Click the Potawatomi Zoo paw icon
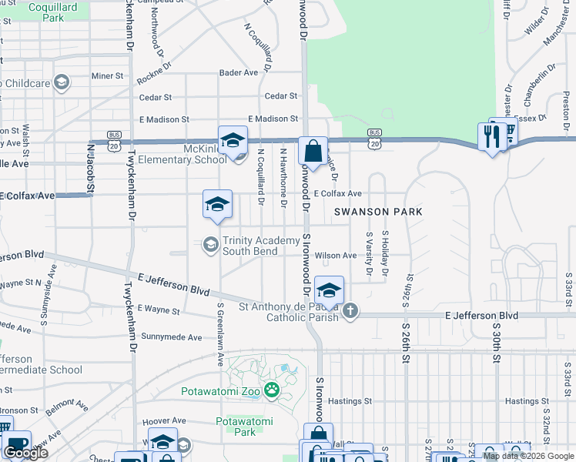click(x=271, y=391)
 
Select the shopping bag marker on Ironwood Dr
click(x=313, y=150)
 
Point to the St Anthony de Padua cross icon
click(x=350, y=310)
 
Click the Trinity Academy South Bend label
click(x=261, y=246)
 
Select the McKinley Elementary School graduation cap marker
click(x=233, y=141)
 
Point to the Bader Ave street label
click(x=238, y=72)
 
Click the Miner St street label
click(x=108, y=76)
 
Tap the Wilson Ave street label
click(x=335, y=256)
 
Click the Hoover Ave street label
click(x=160, y=421)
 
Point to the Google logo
click(x=25, y=453)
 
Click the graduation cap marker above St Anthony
click(x=329, y=291)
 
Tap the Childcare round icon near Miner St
click(x=62, y=82)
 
